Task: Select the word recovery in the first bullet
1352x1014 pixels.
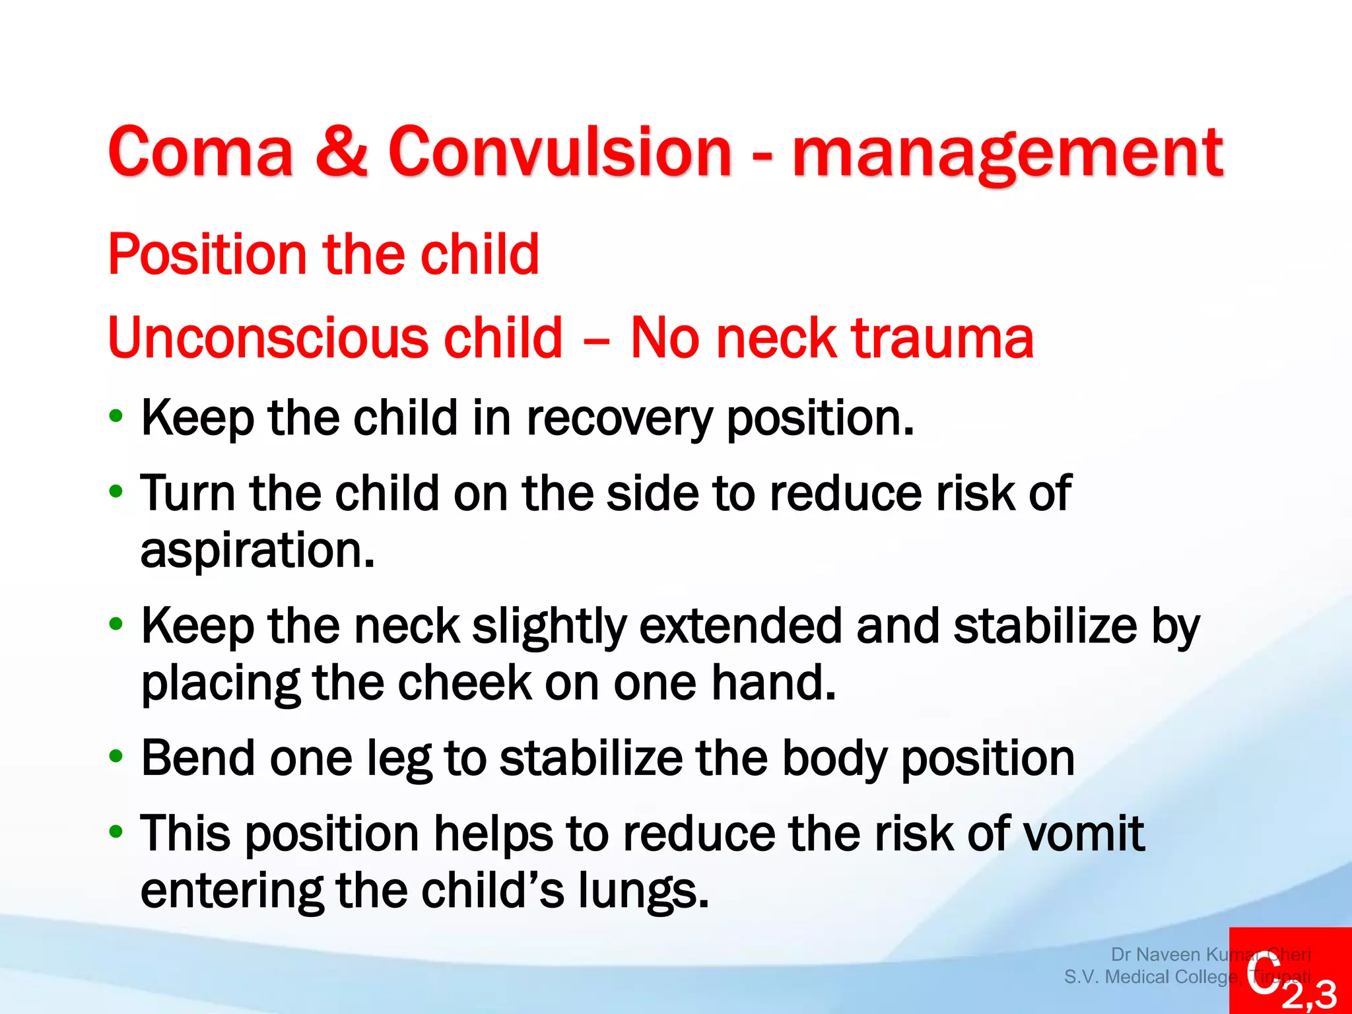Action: point(619,420)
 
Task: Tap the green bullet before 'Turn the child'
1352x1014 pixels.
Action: point(116,491)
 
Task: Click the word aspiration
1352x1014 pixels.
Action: point(257,551)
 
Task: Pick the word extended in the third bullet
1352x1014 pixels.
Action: point(740,626)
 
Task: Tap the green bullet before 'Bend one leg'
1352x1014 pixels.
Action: point(116,757)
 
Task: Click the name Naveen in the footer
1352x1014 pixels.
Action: point(1168,955)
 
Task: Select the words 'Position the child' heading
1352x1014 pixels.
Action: point(323,254)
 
